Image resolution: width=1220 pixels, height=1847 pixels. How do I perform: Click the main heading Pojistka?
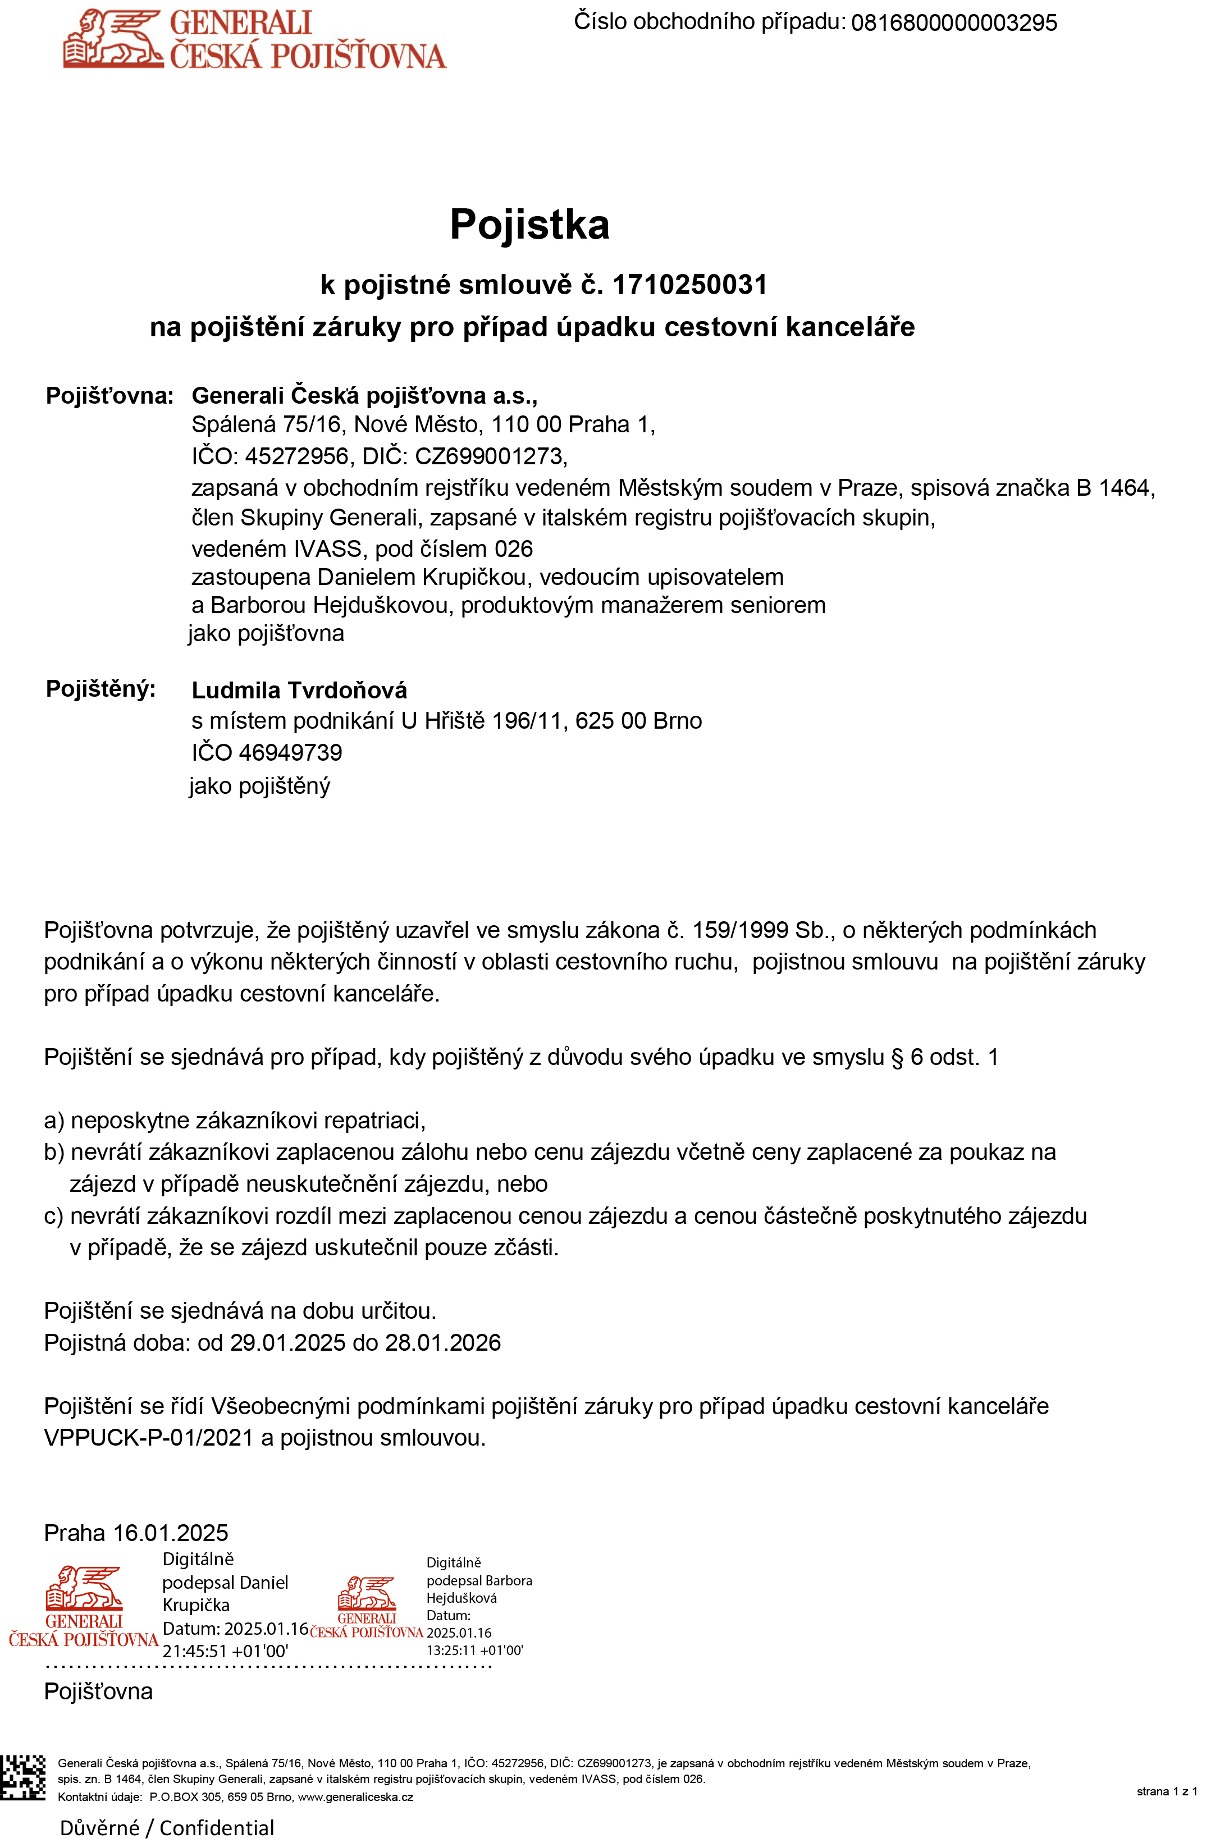[x=529, y=225]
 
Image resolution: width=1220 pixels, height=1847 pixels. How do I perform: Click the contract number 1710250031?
[x=690, y=286]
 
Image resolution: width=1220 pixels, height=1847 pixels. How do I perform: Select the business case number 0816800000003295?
[x=954, y=22]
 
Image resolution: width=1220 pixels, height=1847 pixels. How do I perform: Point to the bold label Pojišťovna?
[x=109, y=396]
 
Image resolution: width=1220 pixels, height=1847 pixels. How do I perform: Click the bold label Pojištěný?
[x=100, y=689]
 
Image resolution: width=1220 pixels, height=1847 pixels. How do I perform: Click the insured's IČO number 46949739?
[x=290, y=752]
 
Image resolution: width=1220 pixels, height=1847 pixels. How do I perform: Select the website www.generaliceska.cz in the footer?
[x=355, y=1797]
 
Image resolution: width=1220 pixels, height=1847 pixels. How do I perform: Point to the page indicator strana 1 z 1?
[x=1166, y=1792]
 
